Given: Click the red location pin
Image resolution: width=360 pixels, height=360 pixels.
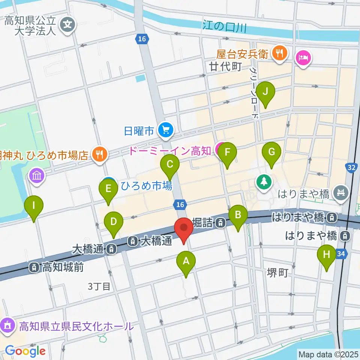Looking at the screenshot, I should point(184,230).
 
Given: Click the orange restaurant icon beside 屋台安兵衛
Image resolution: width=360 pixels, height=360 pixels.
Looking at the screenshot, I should point(280,52).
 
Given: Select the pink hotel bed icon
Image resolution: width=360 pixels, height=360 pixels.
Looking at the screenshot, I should point(303,58).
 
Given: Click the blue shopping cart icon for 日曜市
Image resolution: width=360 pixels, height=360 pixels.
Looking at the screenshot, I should point(165,130).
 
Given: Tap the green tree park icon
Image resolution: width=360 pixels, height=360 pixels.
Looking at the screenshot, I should point(264,182).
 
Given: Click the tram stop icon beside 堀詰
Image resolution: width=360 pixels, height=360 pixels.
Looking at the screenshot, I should point(221,223).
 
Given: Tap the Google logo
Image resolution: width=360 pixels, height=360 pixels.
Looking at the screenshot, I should point(25,351).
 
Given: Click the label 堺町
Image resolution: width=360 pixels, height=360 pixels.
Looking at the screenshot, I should point(278,273).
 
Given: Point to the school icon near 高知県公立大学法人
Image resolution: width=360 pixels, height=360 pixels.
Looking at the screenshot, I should point(68,25).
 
